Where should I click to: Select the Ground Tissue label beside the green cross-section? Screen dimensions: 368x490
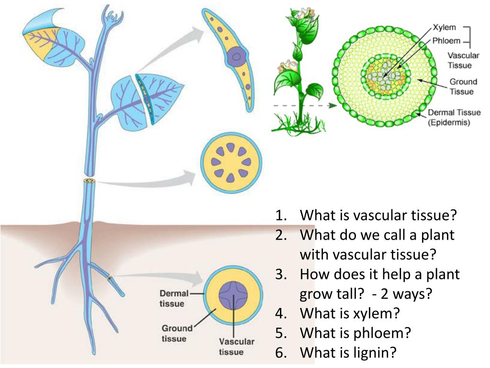(462, 87)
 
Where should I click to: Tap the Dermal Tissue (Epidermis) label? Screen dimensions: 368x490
(454, 117)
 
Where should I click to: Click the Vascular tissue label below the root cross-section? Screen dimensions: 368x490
(237, 347)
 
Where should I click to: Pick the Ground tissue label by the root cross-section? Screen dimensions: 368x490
(176, 333)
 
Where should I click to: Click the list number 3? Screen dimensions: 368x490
(280, 275)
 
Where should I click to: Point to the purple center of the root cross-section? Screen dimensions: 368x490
(233, 295)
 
